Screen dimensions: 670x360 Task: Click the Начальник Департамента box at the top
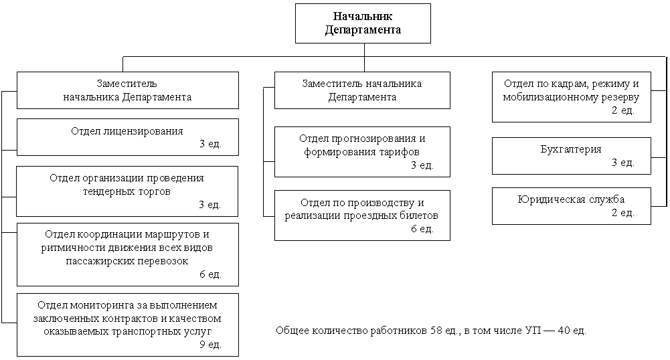tap(363, 23)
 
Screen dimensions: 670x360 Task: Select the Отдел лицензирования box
tap(128, 137)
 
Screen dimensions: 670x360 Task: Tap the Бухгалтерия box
tap(572, 156)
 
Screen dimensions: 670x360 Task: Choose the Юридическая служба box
tap(572, 206)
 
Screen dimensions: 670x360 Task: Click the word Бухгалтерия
tap(571, 149)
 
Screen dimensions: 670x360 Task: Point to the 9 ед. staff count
tap(210, 344)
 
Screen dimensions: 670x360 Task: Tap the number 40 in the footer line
tap(564, 331)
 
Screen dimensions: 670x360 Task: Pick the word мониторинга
tap(100, 305)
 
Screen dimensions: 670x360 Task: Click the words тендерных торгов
tap(127, 191)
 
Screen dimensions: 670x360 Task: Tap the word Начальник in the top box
tap(363, 16)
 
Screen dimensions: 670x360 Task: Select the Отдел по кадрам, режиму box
tap(572, 98)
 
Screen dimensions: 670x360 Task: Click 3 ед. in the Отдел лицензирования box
tap(210, 143)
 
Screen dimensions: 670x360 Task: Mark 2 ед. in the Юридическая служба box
tap(623, 212)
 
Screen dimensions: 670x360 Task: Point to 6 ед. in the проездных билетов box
tap(422, 229)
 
